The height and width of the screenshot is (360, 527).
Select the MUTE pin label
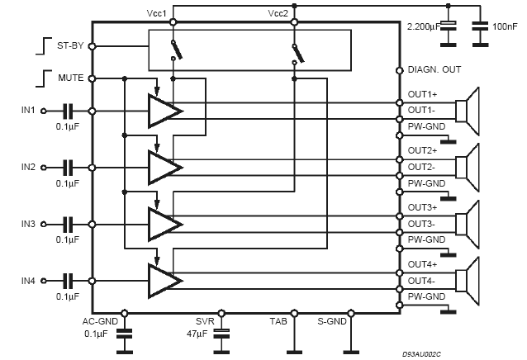(x=69, y=78)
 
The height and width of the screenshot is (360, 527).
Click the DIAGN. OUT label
(x=434, y=70)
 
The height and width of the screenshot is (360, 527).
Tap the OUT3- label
(x=421, y=224)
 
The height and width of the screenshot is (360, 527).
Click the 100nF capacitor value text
(x=506, y=27)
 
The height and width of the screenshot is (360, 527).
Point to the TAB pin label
(x=278, y=322)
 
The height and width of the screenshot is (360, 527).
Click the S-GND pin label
(x=333, y=322)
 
